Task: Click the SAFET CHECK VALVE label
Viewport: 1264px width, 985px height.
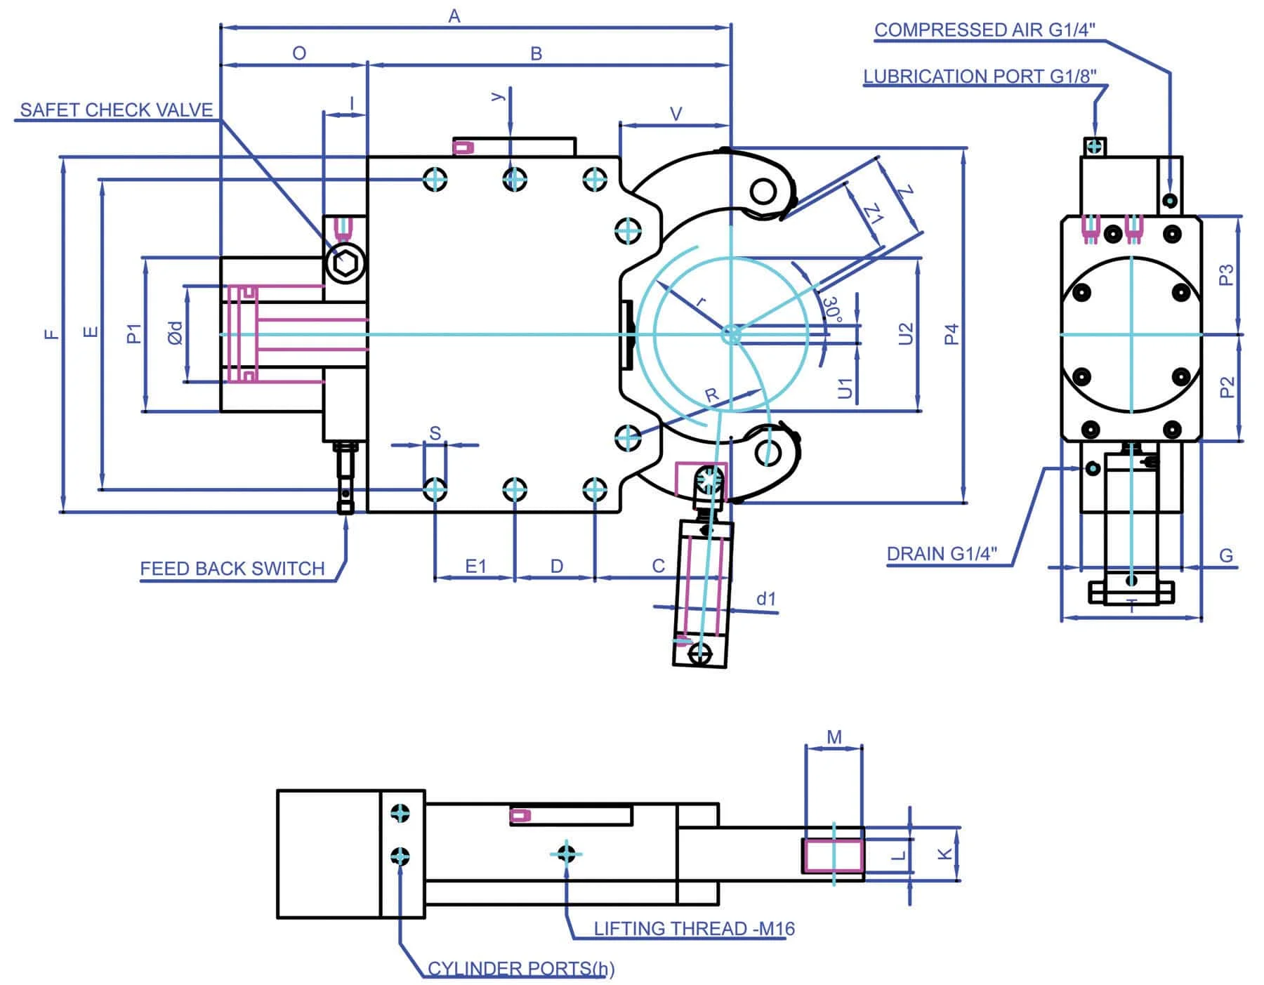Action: (117, 110)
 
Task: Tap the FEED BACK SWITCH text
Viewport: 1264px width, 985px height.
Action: (232, 568)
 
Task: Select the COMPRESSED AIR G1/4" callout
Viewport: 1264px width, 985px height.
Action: (985, 29)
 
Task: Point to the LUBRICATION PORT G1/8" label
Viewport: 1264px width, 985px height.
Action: (980, 76)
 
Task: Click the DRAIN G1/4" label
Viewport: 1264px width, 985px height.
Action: (942, 554)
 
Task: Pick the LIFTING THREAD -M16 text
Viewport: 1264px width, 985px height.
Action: (694, 928)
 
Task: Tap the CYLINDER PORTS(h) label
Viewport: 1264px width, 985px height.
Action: (521, 969)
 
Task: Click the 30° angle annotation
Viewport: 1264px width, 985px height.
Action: (831, 309)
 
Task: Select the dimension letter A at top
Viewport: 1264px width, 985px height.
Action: (454, 15)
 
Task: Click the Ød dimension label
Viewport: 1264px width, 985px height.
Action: (176, 333)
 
